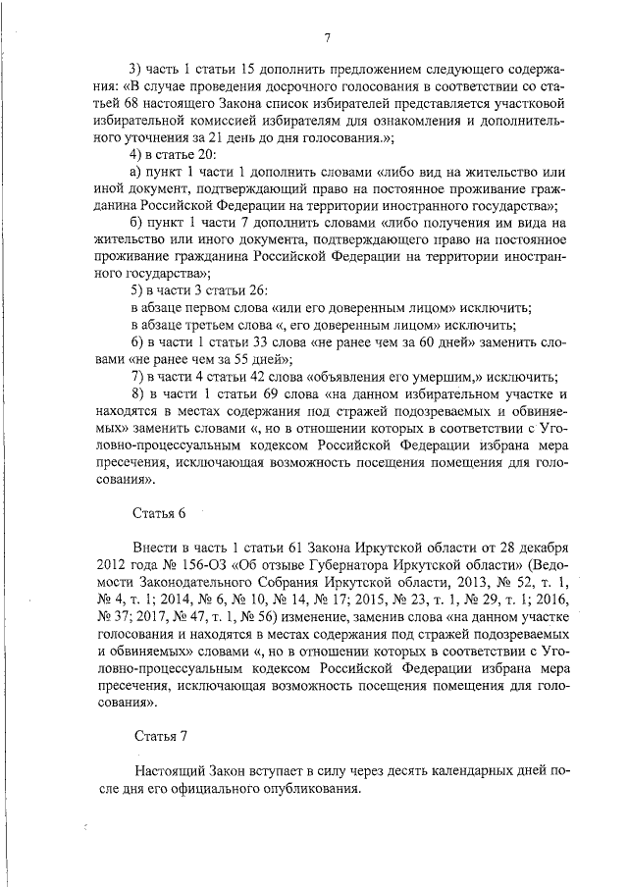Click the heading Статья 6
click(158, 513)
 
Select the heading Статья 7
click(158, 735)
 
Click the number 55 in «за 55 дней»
click(224, 358)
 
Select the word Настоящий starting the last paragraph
click(172, 773)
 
